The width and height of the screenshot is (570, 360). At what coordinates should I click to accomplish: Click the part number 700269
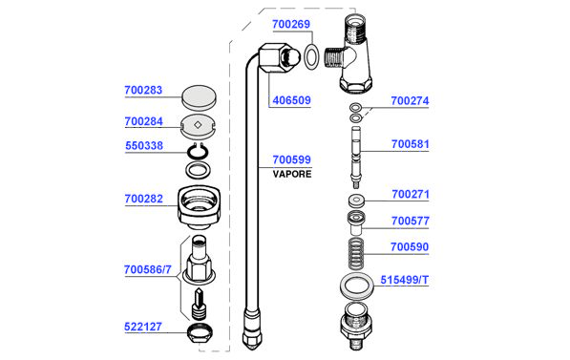291,25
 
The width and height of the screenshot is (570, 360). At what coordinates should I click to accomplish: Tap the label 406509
291,100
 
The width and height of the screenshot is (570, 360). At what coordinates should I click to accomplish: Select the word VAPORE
292,174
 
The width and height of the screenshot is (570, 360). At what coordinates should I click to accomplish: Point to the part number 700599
292,159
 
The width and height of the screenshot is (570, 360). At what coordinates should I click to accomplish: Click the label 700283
143,90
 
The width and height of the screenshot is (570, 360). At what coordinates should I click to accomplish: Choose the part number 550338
144,146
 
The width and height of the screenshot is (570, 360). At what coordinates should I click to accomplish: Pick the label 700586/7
148,270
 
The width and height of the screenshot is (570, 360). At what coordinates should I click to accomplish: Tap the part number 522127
143,327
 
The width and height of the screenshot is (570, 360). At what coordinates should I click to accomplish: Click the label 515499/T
405,280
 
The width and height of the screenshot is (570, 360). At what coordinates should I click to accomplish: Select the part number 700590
410,247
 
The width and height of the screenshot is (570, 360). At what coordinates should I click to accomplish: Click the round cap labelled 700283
199,97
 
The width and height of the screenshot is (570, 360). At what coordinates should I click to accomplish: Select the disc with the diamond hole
199,127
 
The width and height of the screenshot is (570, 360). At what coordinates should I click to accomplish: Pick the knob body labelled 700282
200,207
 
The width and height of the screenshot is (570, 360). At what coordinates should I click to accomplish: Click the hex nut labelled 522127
200,332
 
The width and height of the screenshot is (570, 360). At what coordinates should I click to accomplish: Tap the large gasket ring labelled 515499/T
357,286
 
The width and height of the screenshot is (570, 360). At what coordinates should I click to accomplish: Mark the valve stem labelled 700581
356,158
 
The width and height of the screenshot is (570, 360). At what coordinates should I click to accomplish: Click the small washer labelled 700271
356,200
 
